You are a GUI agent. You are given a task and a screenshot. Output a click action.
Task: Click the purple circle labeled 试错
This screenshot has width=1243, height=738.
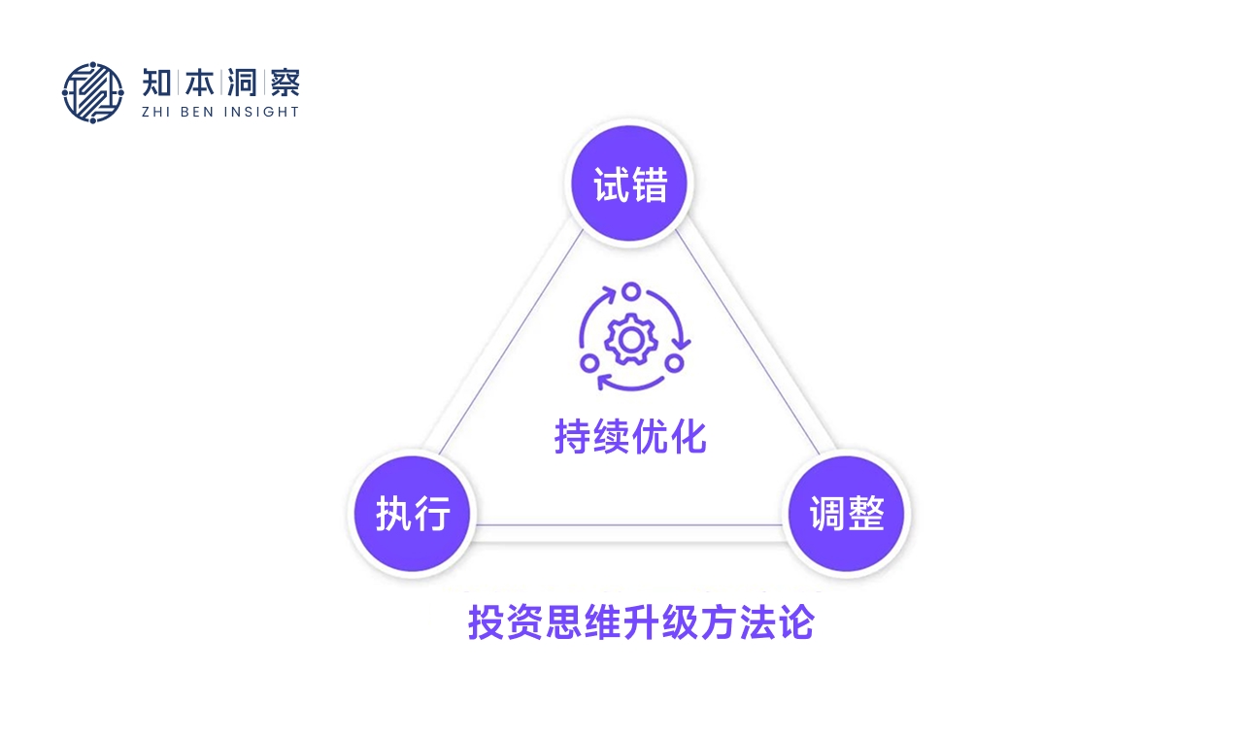tap(629, 184)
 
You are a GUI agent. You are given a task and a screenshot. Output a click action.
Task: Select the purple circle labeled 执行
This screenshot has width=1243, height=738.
tap(413, 513)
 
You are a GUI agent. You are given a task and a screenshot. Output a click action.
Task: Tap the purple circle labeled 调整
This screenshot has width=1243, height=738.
tap(846, 513)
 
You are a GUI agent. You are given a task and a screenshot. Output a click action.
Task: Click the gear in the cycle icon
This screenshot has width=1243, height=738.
tap(631, 340)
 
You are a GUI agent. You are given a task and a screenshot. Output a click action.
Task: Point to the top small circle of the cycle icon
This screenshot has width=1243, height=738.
tap(631, 290)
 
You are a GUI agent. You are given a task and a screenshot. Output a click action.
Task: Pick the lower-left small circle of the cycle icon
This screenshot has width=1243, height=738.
tap(588, 363)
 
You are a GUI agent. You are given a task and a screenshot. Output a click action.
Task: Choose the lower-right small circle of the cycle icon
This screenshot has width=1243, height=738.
tap(674, 363)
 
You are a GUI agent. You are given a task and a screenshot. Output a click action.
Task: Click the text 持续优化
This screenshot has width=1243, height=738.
tap(630, 437)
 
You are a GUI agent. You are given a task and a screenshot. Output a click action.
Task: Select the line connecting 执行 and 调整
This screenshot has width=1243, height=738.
tap(629, 525)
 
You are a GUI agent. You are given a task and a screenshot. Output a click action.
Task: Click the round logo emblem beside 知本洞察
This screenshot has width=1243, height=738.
tap(93, 93)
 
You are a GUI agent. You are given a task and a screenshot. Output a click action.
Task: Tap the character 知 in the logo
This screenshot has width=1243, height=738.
tap(158, 83)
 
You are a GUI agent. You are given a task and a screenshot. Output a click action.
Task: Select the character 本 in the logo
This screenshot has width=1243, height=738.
tap(201, 83)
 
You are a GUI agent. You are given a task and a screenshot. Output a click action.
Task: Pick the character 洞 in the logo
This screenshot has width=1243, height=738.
tap(243, 83)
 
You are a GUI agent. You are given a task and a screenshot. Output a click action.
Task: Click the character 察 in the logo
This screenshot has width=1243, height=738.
tap(285, 83)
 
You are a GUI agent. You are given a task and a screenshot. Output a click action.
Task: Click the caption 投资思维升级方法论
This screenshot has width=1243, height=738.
tap(641, 622)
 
